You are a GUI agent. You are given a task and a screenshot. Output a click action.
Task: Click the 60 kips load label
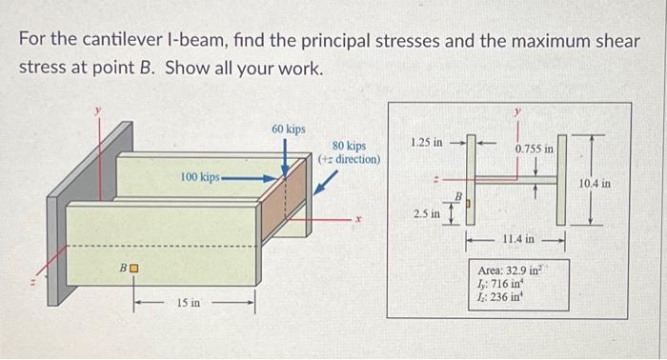pyautogui.click(x=288, y=128)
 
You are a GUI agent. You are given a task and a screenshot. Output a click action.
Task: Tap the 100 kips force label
pyautogui.click(x=201, y=177)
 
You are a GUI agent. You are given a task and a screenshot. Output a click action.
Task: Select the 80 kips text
pyautogui.click(x=349, y=146)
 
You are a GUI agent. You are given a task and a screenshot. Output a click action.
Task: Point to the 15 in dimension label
pyautogui.click(x=189, y=303)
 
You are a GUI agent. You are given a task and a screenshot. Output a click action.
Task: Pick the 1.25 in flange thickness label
pyautogui.click(x=426, y=142)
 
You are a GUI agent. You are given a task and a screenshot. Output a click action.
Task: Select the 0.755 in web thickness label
pyautogui.click(x=534, y=149)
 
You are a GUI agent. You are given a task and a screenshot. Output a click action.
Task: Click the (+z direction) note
pyautogui.click(x=350, y=159)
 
